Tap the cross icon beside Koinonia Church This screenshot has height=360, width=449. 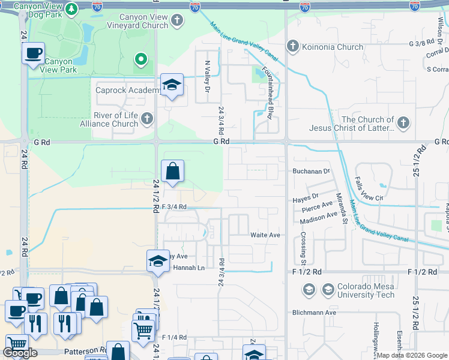pos(292,46)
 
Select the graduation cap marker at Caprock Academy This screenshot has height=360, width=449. pos(172,86)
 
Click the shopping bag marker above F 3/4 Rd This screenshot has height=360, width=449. pos(172,172)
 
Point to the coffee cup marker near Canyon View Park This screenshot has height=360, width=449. pos(33,53)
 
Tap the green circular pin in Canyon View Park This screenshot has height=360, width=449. pos(140,59)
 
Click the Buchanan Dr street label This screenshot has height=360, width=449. pos(312,171)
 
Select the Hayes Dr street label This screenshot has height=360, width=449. pos(305,196)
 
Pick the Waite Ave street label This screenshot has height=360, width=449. pos(265,235)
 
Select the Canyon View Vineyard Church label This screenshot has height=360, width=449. pos(137,22)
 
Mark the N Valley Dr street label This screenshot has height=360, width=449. pos(208,76)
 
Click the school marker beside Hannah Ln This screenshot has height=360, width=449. pos(157,261)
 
